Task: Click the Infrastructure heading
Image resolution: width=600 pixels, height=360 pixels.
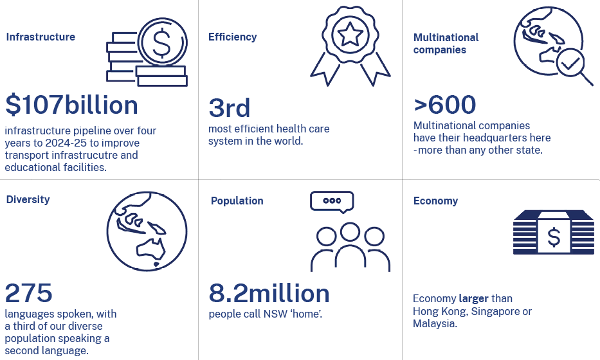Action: click(41, 37)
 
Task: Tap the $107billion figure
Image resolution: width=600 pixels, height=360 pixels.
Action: click(71, 105)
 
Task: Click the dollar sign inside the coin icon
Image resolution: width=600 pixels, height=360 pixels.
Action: click(162, 42)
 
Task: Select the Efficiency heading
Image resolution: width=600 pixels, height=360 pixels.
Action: click(232, 37)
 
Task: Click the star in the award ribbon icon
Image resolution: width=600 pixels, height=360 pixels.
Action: click(350, 34)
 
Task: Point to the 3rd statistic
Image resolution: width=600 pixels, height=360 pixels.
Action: click(229, 108)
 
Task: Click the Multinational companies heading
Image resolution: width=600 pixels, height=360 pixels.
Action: click(446, 44)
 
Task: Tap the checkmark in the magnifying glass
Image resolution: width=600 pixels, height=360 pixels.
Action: click(570, 63)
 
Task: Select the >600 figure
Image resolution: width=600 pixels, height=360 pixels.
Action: click(444, 105)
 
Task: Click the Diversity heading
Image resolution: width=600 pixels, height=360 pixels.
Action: click(28, 200)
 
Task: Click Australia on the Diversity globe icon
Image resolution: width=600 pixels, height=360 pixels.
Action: click(151, 251)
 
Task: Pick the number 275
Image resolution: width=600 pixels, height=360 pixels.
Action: click(29, 293)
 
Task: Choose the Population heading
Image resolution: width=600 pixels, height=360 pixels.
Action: click(237, 201)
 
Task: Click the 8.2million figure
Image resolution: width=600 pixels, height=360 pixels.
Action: click(269, 293)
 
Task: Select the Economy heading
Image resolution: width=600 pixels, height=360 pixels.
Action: click(435, 201)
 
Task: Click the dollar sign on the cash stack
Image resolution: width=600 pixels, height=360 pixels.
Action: click(554, 237)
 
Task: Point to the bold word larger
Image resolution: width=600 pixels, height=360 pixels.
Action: click(474, 299)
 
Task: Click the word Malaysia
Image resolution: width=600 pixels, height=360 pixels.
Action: click(434, 323)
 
